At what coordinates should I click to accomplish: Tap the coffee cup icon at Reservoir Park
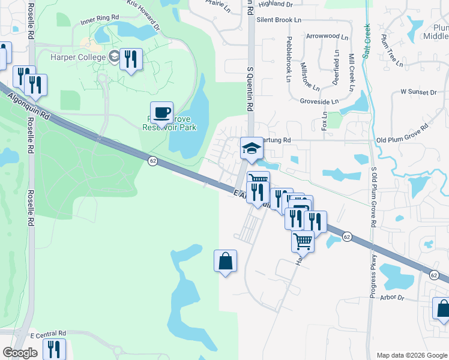click(x=161, y=112)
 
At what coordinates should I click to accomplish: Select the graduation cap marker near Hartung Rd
click(x=252, y=148)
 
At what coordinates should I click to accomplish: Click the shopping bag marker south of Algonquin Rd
click(x=225, y=261)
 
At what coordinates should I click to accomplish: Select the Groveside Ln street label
click(x=319, y=102)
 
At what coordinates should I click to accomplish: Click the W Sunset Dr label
click(x=418, y=92)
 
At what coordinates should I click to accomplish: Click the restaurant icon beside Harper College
click(x=131, y=59)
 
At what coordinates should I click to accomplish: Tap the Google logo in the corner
click(x=20, y=353)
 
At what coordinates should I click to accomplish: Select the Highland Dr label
click(x=275, y=4)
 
